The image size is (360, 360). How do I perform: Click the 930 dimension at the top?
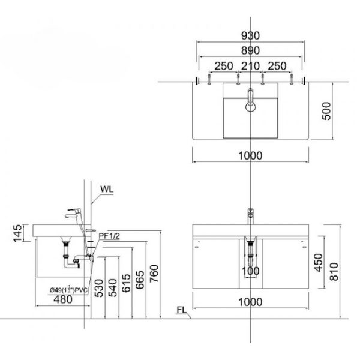(250, 35)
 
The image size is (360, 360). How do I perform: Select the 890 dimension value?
(250, 50)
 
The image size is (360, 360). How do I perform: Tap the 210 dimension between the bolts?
(250, 66)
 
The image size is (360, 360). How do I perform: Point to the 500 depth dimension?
(326, 111)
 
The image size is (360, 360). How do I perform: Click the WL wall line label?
(107, 190)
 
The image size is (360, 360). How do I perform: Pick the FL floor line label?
(182, 310)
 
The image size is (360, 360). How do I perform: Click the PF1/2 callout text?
(109, 236)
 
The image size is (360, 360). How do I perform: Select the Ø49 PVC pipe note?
(68, 290)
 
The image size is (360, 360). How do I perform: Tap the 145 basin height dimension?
(17, 233)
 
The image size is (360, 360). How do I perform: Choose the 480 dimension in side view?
(63, 299)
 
